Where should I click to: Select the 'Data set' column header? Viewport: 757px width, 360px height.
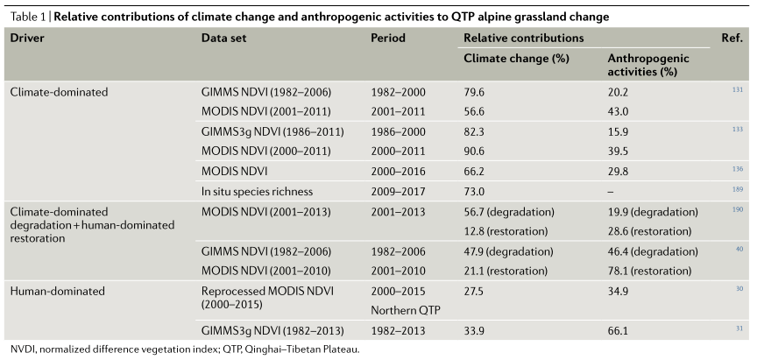222,39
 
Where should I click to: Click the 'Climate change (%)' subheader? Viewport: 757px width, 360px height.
516,58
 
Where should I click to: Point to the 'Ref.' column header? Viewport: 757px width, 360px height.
732,39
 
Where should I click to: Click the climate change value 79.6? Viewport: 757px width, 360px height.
474,91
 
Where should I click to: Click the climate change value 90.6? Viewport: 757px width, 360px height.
474,150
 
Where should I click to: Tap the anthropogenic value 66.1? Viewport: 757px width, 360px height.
619,330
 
